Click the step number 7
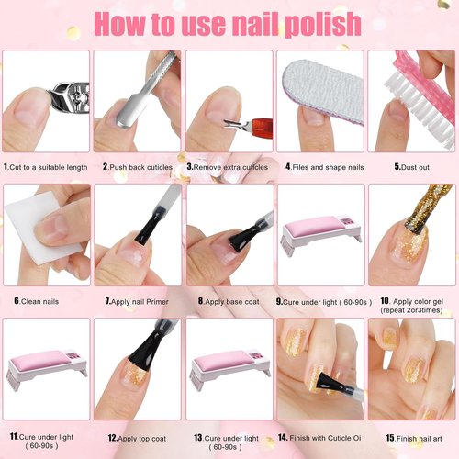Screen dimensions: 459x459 click(106, 300)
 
